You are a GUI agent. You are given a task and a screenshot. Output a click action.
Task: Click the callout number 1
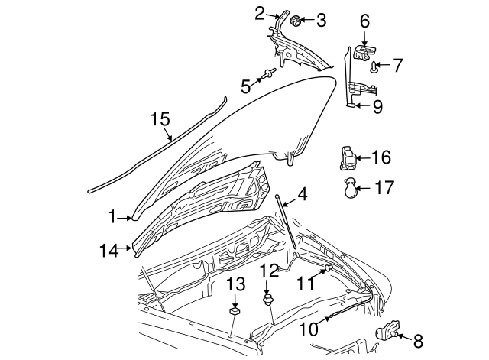tap(112, 218)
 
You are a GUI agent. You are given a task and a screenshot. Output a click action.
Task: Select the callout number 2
tap(260, 13)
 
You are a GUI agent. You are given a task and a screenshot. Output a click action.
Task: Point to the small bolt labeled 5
tap(269, 74)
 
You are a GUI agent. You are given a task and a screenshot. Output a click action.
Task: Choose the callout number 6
tap(364, 20)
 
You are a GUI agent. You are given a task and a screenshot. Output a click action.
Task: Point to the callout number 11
tap(306, 282)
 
